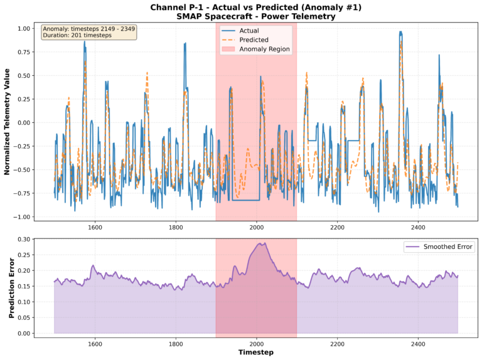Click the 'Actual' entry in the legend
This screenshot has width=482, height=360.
(248, 30)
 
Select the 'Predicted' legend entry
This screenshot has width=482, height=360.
(253, 40)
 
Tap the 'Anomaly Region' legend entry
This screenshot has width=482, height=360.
(263, 48)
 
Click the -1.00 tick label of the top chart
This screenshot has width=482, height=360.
(23, 217)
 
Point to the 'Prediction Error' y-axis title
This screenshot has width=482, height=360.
(11, 286)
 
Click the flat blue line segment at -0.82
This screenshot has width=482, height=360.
(245, 200)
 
